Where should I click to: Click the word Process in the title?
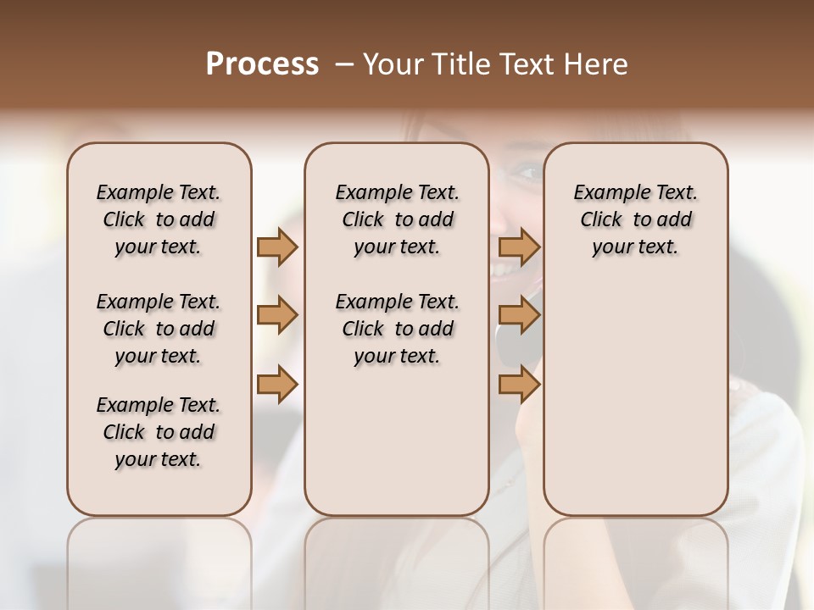pyautogui.click(x=262, y=64)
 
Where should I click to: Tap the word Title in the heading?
pyautogui.click(x=454, y=64)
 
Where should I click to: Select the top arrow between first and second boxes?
pyautogui.click(x=277, y=247)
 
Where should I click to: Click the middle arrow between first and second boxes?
pyautogui.click(x=277, y=316)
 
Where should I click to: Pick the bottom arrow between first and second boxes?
pyautogui.click(x=277, y=385)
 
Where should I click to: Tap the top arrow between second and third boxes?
pyautogui.click(x=520, y=247)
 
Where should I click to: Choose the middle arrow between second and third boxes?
pyautogui.click(x=520, y=316)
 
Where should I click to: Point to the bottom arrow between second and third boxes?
pyautogui.click(x=520, y=385)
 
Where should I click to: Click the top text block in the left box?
pyautogui.click(x=159, y=219)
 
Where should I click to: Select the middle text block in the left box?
pyautogui.click(x=159, y=329)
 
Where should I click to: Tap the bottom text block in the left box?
pyautogui.click(x=159, y=432)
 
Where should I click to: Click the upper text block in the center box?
pyautogui.click(x=397, y=219)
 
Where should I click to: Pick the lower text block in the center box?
pyautogui.click(x=397, y=329)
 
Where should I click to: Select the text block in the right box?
pyautogui.click(x=636, y=219)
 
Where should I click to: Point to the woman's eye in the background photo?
pyautogui.click(x=527, y=173)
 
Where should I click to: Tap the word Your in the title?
pyautogui.click(x=389, y=64)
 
